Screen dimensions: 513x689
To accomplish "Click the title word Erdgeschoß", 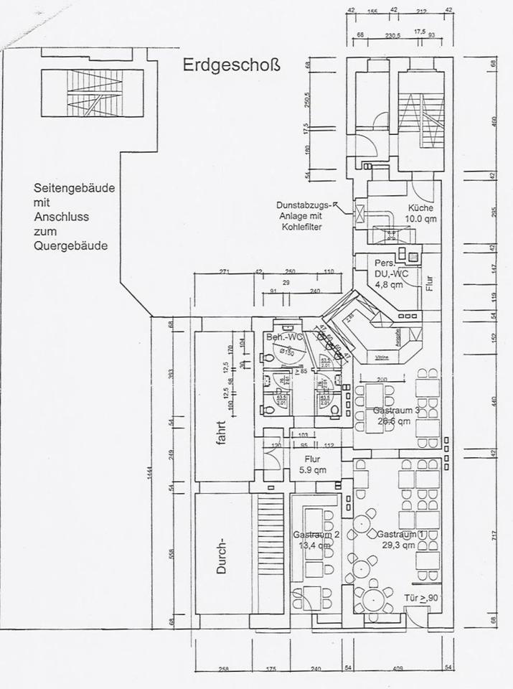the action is pyautogui.click(x=231, y=66).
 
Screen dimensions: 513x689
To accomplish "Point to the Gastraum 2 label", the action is pyautogui.click(x=316, y=535).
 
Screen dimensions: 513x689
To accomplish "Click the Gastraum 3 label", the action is pyautogui.click(x=397, y=411).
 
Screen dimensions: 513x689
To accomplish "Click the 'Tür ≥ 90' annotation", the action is pyautogui.click(x=423, y=598).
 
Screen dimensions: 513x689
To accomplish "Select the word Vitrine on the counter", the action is pyautogui.click(x=382, y=357).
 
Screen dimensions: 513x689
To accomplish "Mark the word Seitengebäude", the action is pyautogui.click(x=74, y=188).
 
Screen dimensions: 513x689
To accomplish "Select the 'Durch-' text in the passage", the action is pyautogui.click(x=222, y=564).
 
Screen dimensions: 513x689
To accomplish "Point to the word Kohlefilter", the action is pyautogui.click(x=301, y=228).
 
